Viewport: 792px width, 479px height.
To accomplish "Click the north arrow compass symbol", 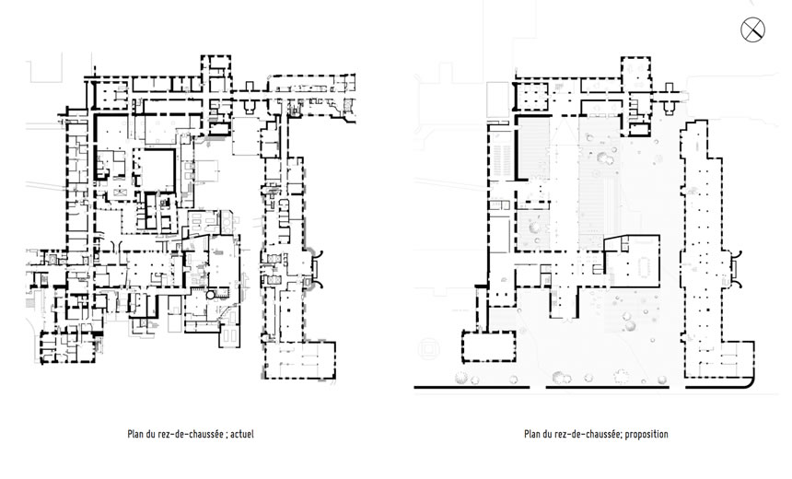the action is tap(752, 29).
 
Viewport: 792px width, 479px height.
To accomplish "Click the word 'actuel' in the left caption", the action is tap(242, 434).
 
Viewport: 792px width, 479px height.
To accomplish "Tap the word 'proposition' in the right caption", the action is tap(646, 434).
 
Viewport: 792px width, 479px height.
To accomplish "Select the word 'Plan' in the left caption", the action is tap(135, 434).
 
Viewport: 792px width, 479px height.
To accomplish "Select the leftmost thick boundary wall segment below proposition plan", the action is tap(472, 388).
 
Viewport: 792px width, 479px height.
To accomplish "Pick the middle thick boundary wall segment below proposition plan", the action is tap(608, 388).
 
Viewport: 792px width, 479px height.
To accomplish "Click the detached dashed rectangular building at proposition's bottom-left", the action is tap(489, 346).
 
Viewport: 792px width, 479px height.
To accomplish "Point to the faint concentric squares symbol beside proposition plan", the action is tap(428, 349).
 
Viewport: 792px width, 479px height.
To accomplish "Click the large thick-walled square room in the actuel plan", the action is tap(157, 169).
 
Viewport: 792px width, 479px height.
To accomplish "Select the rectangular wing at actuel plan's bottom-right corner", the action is tap(300, 360).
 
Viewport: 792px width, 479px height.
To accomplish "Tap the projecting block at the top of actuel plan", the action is tap(216, 68).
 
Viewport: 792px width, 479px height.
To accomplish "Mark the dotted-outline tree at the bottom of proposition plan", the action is tap(620, 377).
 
